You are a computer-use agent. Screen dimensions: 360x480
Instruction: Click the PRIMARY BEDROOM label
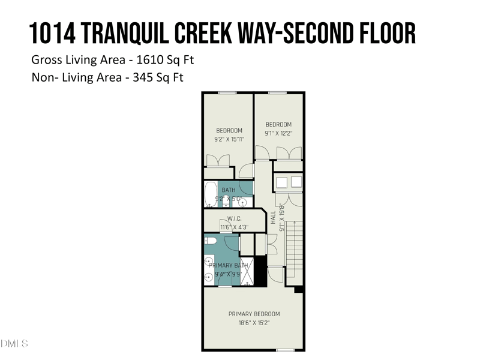click(254, 314)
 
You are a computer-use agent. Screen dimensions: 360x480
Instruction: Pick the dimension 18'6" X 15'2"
click(254, 323)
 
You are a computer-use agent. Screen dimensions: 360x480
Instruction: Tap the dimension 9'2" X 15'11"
click(229, 139)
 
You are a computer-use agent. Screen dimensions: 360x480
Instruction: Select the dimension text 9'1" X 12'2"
click(279, 133)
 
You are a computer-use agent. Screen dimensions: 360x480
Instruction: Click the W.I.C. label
click(234, 218)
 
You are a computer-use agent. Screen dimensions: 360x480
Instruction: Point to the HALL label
click(273, 217)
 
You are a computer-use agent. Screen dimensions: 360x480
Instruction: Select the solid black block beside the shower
click(260, 271)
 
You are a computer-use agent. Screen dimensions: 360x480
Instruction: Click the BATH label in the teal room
click(229, 190)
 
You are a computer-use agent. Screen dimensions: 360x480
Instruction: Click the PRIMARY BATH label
click(229, 265)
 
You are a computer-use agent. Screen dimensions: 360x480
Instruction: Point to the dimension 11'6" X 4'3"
click(234, 227)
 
